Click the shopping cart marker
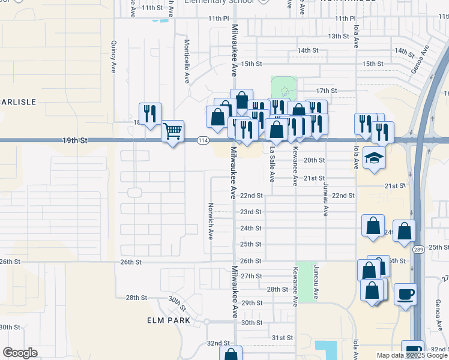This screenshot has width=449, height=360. click(173, 131)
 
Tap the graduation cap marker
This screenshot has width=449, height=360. click(375, 158)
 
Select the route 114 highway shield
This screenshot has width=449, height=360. click(203, 140)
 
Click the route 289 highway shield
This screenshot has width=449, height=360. click(418, 249)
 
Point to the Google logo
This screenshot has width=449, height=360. click(20, 353)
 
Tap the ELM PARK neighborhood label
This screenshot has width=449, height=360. click(169, 320)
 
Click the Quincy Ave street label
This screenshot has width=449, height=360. click(113, 57)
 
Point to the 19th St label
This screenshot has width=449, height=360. click(75, 140)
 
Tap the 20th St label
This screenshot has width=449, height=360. click(314, 160)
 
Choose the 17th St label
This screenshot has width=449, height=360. click(327, 91)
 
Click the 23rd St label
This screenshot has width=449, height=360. click(251, 212)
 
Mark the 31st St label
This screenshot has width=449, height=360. click(281, 338)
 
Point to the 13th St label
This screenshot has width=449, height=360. click(339, 37)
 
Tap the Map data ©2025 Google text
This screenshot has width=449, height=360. click(412, 355)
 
